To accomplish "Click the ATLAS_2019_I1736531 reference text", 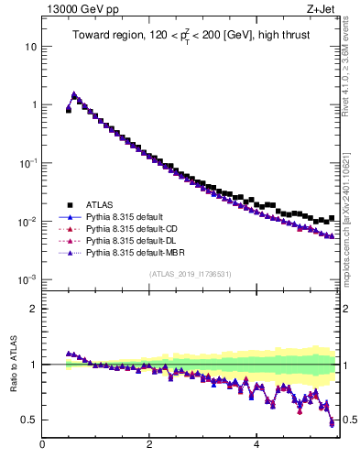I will pos(191,274).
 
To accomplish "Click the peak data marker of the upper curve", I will pos(74,94).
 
